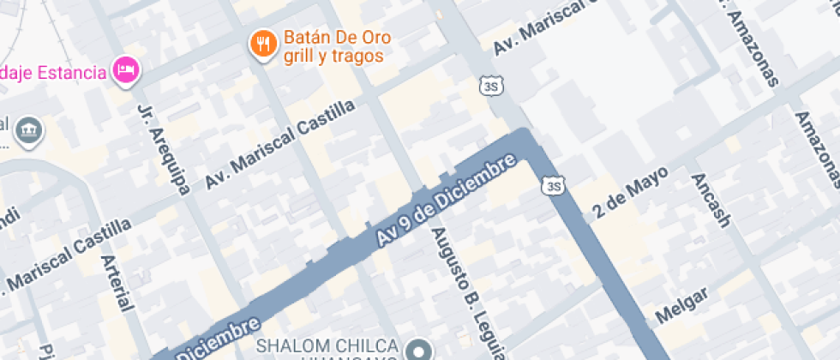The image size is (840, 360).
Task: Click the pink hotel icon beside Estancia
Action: click(128, 71)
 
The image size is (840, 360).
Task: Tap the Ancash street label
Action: click(711, 200)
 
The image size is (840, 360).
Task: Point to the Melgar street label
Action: click(681, 305)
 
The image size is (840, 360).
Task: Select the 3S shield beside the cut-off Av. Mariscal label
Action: click(489, 86)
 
